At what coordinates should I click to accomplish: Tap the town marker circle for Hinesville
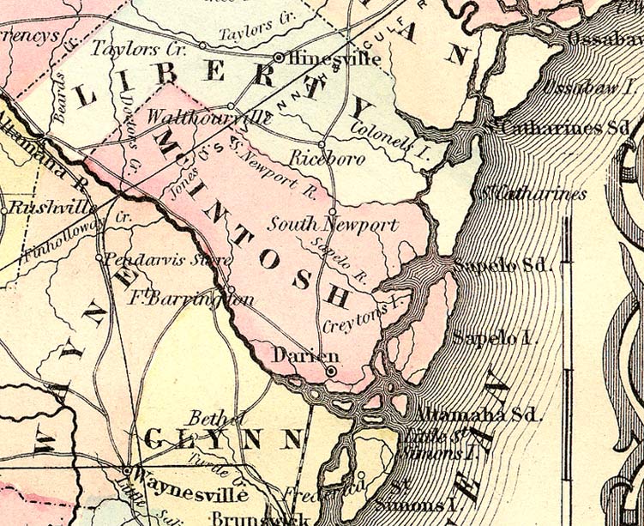(x=279, y=57)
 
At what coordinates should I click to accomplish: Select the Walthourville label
(x=197, y=117)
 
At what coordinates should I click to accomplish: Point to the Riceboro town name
(x=327, y=159)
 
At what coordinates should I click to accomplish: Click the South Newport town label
(x=334, y=226)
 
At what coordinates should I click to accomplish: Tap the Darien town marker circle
(x=331, y=371)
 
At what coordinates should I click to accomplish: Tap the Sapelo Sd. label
(x=500, y=264)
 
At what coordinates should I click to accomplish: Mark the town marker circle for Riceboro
(x=322, y=143)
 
